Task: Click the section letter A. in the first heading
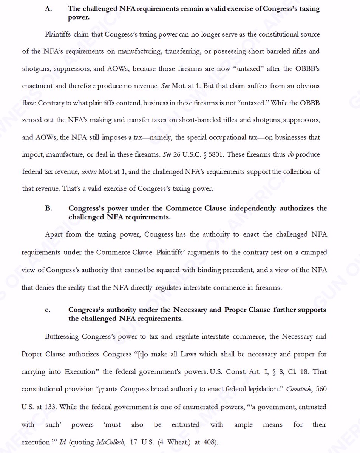[x=48, y=9]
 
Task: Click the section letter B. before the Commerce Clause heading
[x=48, y=208]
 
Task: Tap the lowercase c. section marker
[x=48, y=310]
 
